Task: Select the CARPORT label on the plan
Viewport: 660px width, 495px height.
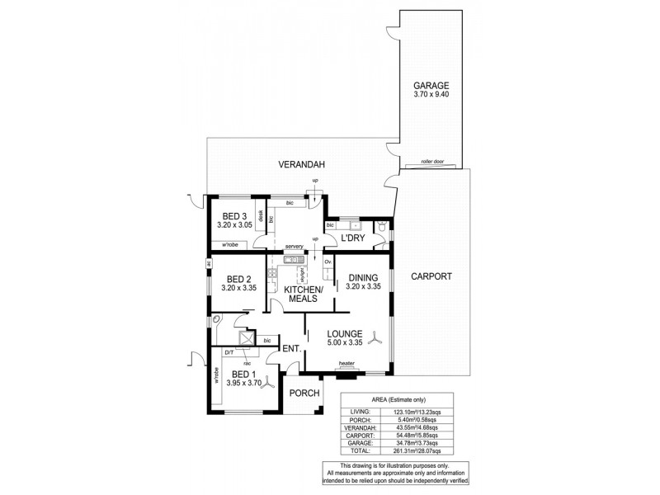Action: click(x=431, y=276)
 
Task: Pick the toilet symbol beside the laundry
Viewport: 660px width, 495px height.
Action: click(x=380, y=226)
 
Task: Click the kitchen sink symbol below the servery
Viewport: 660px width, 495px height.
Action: click(x=290, y=261)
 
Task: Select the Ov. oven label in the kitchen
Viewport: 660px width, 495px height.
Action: click(x=328, y=262)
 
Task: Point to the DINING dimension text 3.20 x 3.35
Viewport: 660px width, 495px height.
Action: click(x=362, y=287)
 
